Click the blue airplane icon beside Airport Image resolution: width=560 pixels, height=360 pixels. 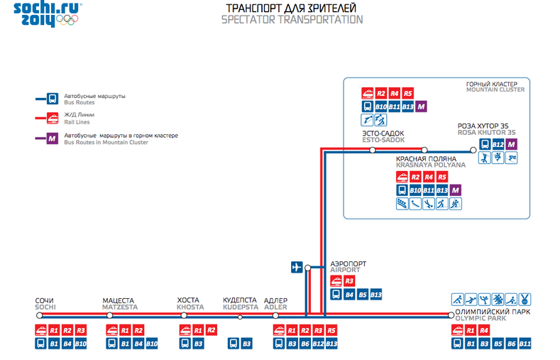[297, 268]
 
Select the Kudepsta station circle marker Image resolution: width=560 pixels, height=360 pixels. [240, 315]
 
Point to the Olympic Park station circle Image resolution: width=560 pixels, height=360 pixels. [449, 315]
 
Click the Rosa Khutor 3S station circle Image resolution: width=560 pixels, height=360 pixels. [473, 150]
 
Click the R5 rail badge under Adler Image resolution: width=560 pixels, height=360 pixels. [332, 330]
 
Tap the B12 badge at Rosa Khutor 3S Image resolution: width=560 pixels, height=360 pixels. [498, 144]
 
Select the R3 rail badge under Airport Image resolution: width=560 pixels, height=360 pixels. [349, 281]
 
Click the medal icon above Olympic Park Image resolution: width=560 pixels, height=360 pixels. [525, 299]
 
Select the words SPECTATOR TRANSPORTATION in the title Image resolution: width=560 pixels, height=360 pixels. [292, 20]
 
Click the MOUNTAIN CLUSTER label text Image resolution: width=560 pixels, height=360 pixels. [495, 90]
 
